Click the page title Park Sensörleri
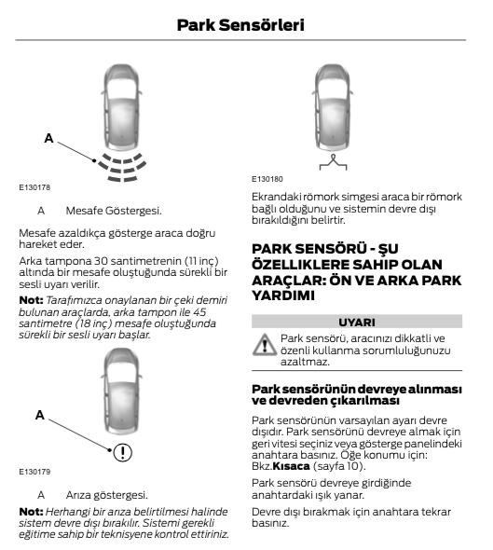pos(240,25)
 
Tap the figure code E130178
pos(34,187)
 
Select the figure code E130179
pos(34,472)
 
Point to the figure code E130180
pos(267,179)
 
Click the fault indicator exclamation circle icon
pos(123,452)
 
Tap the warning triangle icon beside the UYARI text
pos(265,345)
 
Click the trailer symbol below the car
pos(333,162)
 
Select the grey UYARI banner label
pos(357,322)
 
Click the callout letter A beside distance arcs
pos(48,138)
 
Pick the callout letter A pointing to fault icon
pos(40,415)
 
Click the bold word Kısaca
pos(291,466)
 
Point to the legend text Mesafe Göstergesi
pos(114,211)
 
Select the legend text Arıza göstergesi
pos(106,495)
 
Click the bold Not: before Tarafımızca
pos(31,300)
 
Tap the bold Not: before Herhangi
pos(31,512)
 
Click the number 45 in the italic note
pos(199,312)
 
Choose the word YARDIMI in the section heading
pos(283,296)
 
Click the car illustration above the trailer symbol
pos(333,108)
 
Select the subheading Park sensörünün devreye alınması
pos(357,389)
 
